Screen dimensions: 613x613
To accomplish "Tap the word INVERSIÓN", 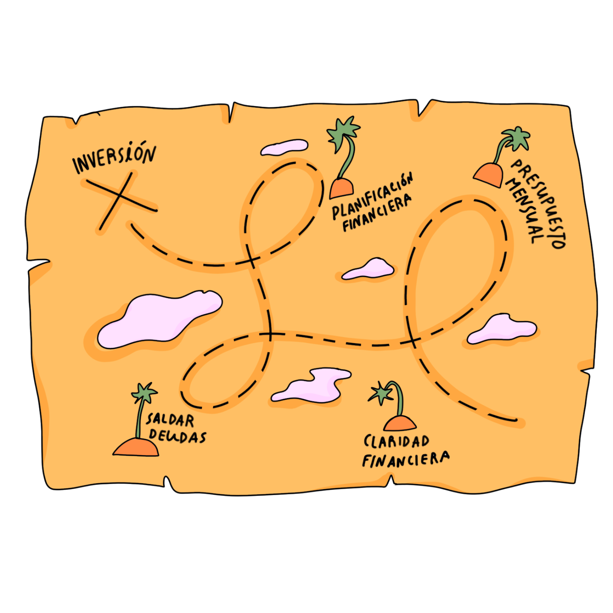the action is [x=114, y=157].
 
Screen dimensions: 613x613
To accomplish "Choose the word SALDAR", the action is [x=170, y=420].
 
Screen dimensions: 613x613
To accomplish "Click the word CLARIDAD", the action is [x=396, y=441].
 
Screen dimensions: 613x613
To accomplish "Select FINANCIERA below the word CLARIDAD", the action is [x=405, y=459].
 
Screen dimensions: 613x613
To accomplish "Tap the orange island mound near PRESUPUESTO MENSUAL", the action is [x=489, y=175].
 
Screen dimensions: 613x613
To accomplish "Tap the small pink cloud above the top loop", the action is [x=284, y=147].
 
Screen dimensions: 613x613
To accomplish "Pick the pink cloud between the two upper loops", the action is [x=369, y=269].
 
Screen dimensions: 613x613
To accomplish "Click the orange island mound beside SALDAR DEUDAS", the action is [x=136, y=448].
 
